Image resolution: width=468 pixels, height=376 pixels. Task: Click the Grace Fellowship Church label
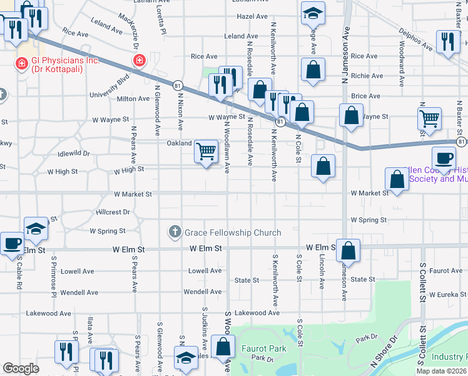coord(233,233)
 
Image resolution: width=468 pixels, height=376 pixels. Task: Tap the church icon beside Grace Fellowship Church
coord(176,232)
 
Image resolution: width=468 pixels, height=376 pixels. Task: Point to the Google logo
coord(21,368)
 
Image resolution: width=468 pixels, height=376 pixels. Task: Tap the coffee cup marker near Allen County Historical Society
coord(444,159)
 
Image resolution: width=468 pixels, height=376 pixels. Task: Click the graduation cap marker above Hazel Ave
coord(313,13)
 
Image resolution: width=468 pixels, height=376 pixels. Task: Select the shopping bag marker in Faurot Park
coord(223,347)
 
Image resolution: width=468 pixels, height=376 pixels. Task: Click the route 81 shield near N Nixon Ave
coord(178,85)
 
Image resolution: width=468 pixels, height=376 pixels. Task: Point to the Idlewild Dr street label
coord(73,153)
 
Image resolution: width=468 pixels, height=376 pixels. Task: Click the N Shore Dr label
coord(384,352)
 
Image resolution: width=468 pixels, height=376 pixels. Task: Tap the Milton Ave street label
coord(133,99)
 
